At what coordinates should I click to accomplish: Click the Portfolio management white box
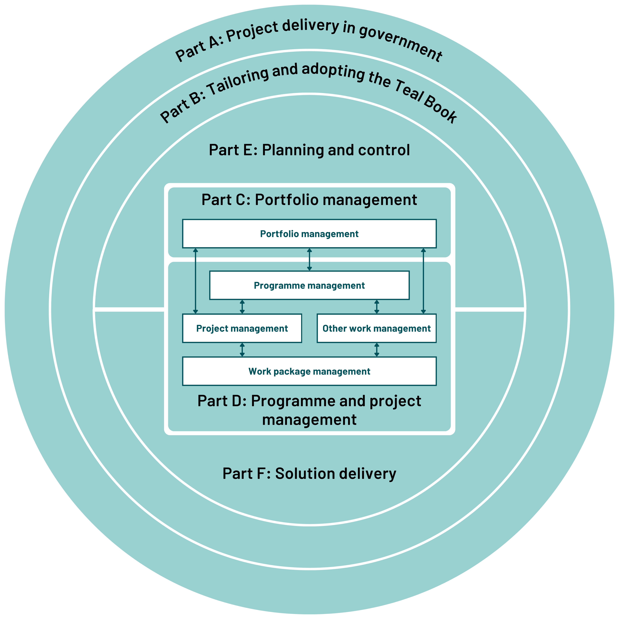(309, 234)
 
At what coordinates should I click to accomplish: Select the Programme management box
(309, 285)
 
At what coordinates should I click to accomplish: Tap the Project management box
(242, 328)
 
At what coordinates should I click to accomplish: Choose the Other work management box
(376, 328)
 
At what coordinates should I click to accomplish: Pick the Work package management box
(309, 371)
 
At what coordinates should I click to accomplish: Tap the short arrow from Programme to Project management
(242, 307)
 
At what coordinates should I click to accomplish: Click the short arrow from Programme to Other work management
(377, 307)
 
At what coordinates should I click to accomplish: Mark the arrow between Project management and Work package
(242, 349)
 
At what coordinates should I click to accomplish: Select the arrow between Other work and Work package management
(377, 349)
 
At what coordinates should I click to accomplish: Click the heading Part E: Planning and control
(309, 150)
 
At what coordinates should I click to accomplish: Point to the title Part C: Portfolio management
(309, 200)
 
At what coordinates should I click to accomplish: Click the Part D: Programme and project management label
(309, 410)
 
